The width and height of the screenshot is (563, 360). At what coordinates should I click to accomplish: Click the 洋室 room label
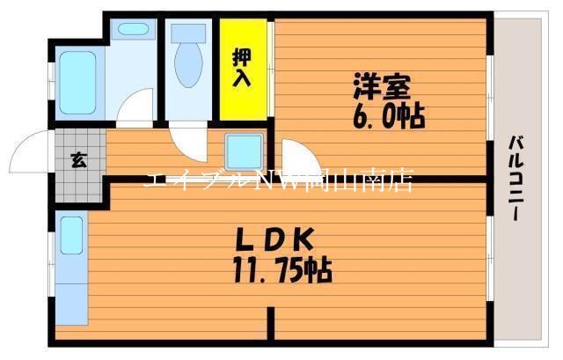(379, 88)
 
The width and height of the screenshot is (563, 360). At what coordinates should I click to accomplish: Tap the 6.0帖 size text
(388, 116)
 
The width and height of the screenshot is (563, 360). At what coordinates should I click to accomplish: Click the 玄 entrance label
(78, 159)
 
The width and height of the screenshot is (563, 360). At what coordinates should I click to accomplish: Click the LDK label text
(273, 239)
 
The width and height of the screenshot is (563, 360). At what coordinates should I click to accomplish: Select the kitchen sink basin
(71, 236)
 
